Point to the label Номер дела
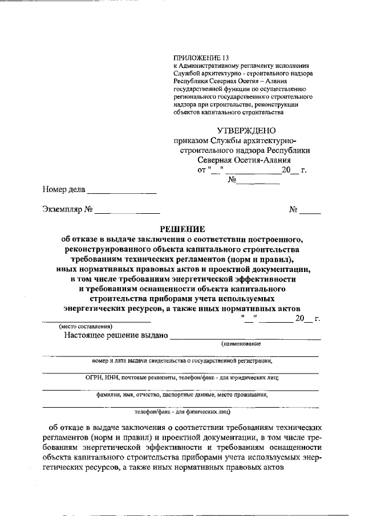pyautogui.click(x=63, y=189)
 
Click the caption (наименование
pyautogui.click(x=241, y=344)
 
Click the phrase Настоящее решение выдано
pyautogui.click(x=116, y=335)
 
